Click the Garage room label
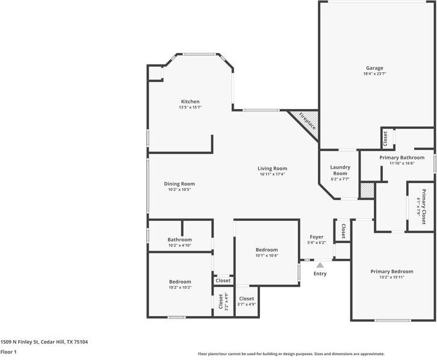tap(374, 68)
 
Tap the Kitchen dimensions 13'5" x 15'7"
tap(190, 107)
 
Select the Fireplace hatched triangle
tap(306, 123)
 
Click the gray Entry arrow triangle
tap(320, 265)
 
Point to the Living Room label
tap(272, 169)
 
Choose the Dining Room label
tap(179, 184)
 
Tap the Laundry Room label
tap(340, 170)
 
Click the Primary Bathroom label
tap(402, 158)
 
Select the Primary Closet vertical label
tap(424, 206)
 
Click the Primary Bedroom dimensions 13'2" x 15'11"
tap(392, 278)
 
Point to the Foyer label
tap(317, 237)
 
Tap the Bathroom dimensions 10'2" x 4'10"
tap(179, 246)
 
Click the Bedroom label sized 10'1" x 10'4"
tap(267, 250)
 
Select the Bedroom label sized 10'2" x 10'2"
tap(180, 282)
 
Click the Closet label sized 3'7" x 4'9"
tap(246, 299)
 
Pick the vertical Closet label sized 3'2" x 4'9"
tap(221, 302)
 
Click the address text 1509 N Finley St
tap(19, 342)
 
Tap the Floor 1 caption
tap(8, 352)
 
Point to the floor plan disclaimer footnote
tap(291, 354)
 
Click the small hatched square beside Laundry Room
tap(367, 191)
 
